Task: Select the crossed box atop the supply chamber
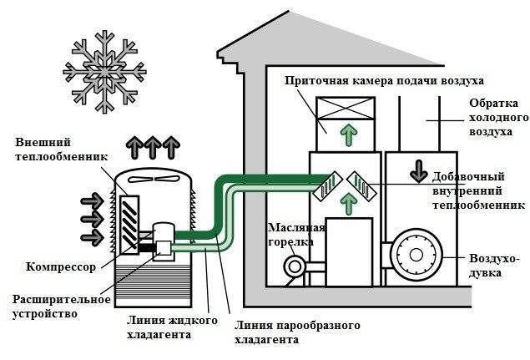pos(344,109)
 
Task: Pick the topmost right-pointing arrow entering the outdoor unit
pos(89,200)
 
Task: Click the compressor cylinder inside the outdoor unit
pos(163,238)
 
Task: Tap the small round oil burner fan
pos(294,266)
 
